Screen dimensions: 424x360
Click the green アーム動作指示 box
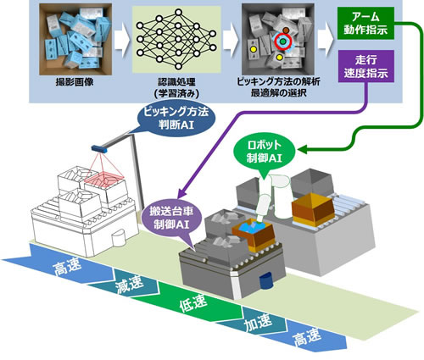point(365,23)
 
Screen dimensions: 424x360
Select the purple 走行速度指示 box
point(366,66)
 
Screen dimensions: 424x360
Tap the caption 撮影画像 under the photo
point(75,82)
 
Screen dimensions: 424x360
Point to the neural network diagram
point(176,39)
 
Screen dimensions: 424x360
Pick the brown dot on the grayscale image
point(286,30)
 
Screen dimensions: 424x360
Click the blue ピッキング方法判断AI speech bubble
point(176,119)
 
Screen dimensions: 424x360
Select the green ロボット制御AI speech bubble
point(265,152)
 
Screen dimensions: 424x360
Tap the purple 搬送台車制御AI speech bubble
point(173,219)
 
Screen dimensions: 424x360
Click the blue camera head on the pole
point(99,148)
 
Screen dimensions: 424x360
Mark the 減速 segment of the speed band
point(128,285)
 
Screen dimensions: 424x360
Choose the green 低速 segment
point(193,304)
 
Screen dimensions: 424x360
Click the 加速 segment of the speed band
point(257,321)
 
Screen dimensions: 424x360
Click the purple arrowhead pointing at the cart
point(181,194)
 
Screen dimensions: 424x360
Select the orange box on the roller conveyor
point(313,208)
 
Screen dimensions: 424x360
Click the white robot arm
point(272,197)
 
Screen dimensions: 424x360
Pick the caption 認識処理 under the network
point(176,82)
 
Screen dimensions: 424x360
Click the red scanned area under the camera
point(103,179)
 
